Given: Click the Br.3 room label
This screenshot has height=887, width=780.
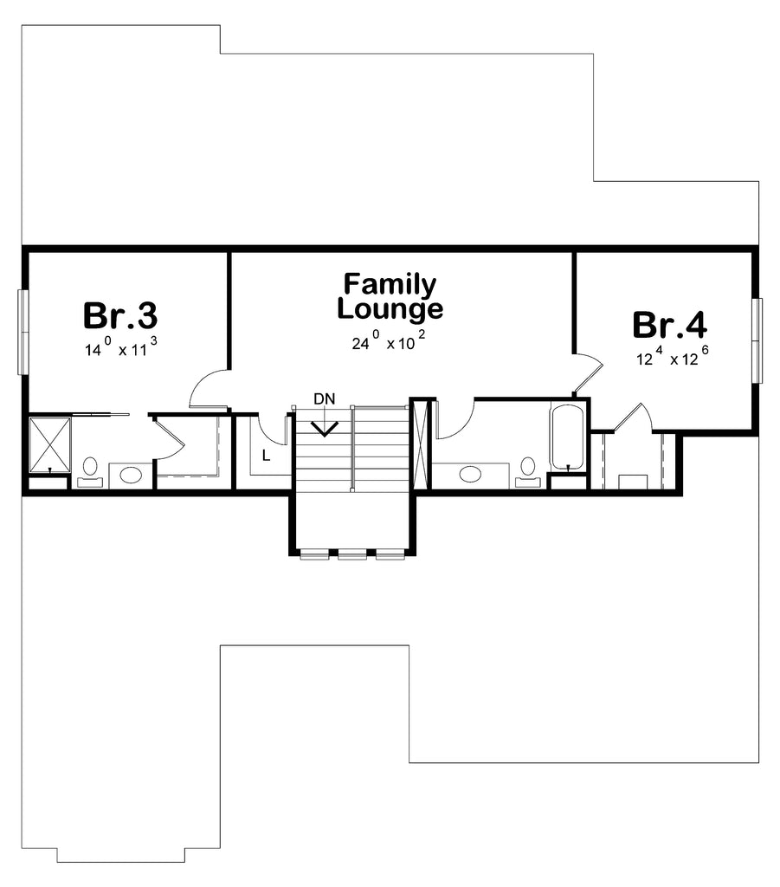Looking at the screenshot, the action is [119, 315].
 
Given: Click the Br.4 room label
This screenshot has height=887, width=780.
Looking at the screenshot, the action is [669, 326].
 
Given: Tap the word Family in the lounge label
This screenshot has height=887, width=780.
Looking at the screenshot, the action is [390, 285].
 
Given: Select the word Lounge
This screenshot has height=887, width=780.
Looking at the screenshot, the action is [390, 309].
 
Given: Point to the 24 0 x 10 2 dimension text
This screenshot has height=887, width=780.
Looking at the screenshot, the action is [389, 341].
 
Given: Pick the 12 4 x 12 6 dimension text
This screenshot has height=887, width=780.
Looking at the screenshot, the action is [673, 356].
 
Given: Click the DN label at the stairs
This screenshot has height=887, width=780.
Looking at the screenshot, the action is [325, 398].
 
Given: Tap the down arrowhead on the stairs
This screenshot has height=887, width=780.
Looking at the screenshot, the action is [325, 429].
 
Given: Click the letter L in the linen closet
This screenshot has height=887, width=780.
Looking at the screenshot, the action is [267, 455].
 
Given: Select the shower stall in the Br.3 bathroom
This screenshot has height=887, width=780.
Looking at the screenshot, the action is [49, 444].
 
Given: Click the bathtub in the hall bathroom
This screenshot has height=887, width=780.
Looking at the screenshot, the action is [566, 437].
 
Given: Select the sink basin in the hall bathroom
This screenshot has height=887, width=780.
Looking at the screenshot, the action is [470, 473].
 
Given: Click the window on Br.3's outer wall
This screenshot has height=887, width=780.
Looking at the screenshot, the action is [22, 332].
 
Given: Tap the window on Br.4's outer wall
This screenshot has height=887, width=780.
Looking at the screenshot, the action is [757, 340].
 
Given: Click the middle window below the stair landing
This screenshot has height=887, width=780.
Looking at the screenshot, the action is [352, 554].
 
